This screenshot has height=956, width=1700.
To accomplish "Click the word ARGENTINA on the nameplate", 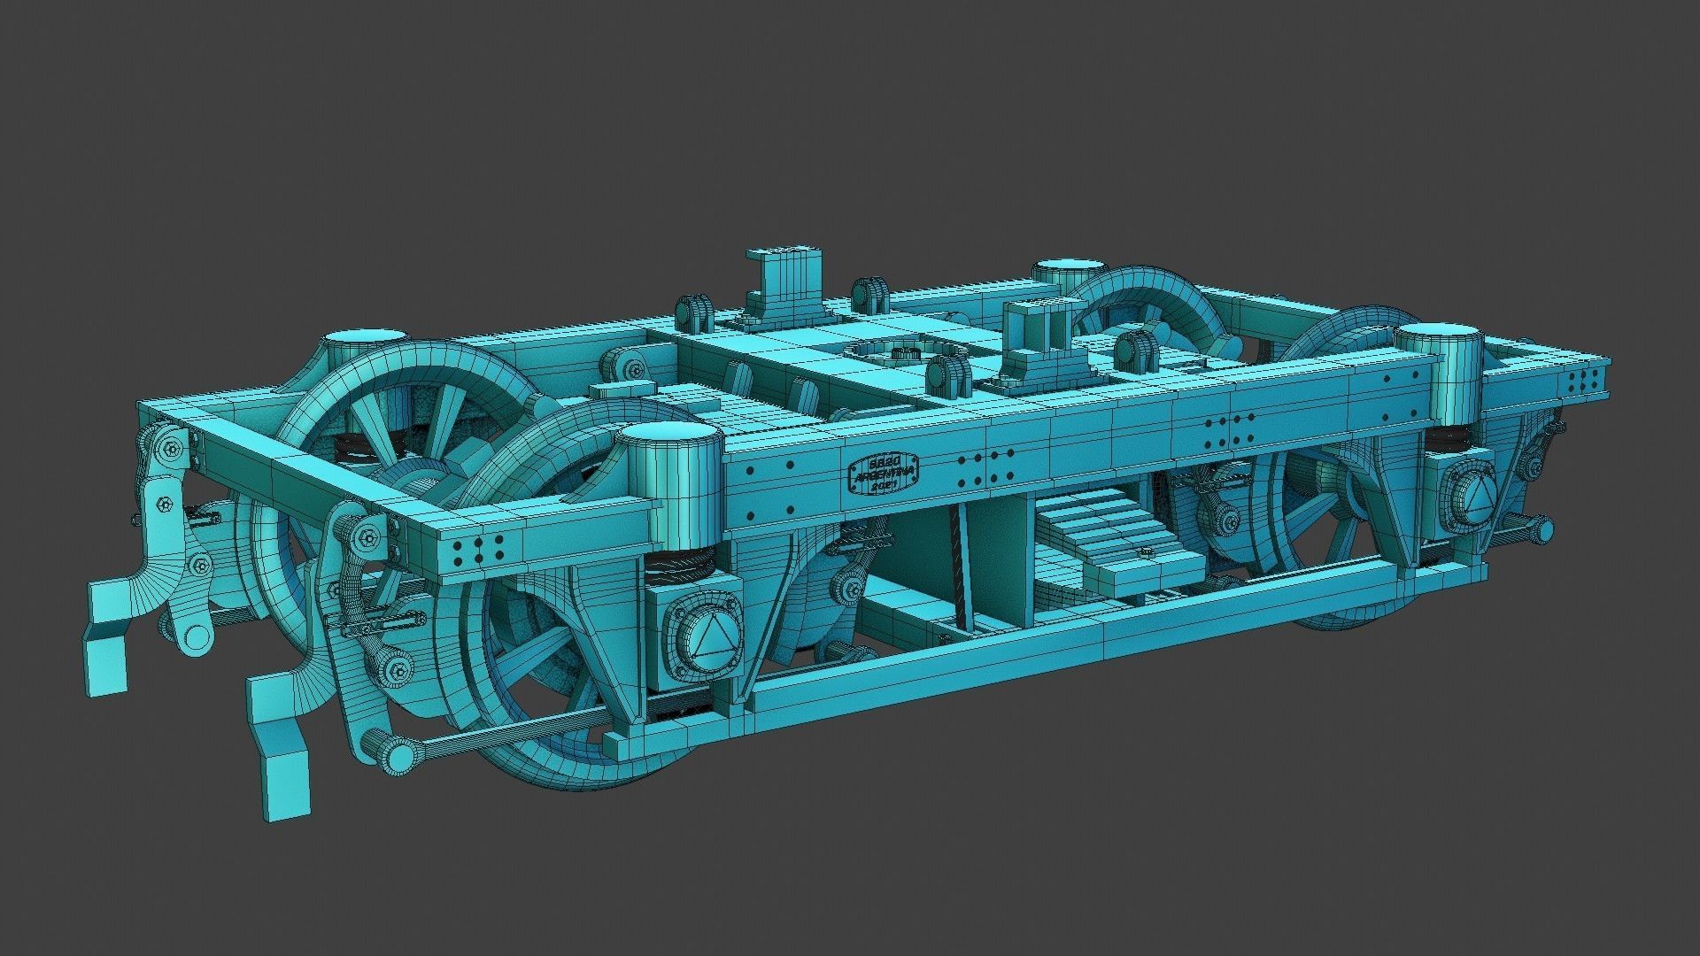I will click(883, 475).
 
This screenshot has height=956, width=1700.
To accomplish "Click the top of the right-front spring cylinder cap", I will click(1439, 333).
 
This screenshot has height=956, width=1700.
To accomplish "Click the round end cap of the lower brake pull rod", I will click(398, 755).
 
